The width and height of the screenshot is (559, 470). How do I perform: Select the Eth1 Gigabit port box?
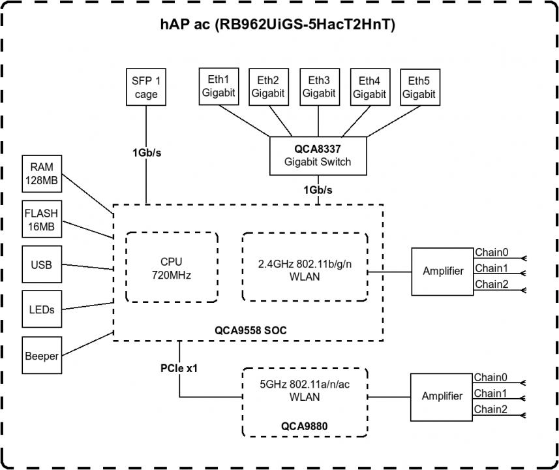tap(218, 86)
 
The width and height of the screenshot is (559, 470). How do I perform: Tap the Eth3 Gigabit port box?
tap(318, 86)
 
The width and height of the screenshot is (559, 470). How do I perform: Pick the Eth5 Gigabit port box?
tap(418, 86)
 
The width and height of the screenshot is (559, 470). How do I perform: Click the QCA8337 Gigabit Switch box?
tap(318, 155)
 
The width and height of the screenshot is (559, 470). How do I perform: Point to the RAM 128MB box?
tap(42, 174)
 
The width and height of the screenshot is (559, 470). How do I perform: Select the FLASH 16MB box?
tap(42, 220)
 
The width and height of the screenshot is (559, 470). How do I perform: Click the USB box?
tap(42, 265)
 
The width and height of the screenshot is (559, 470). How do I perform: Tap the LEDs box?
tap(42, 309)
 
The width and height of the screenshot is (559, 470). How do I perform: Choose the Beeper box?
tap(42, 356)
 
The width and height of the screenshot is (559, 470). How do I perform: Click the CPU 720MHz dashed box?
tap(171, 268)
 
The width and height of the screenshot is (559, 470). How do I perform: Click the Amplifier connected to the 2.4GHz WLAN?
tap(442, 271)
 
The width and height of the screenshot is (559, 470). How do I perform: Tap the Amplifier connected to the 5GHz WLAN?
tap(442, 396)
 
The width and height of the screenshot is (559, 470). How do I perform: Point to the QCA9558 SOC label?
tap(250, 330)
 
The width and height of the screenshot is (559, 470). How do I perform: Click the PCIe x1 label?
tap(179, 368)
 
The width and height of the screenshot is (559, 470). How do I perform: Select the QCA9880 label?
tap(304, 426)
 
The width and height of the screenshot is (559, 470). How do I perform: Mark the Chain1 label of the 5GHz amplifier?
tap(490, 394)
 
